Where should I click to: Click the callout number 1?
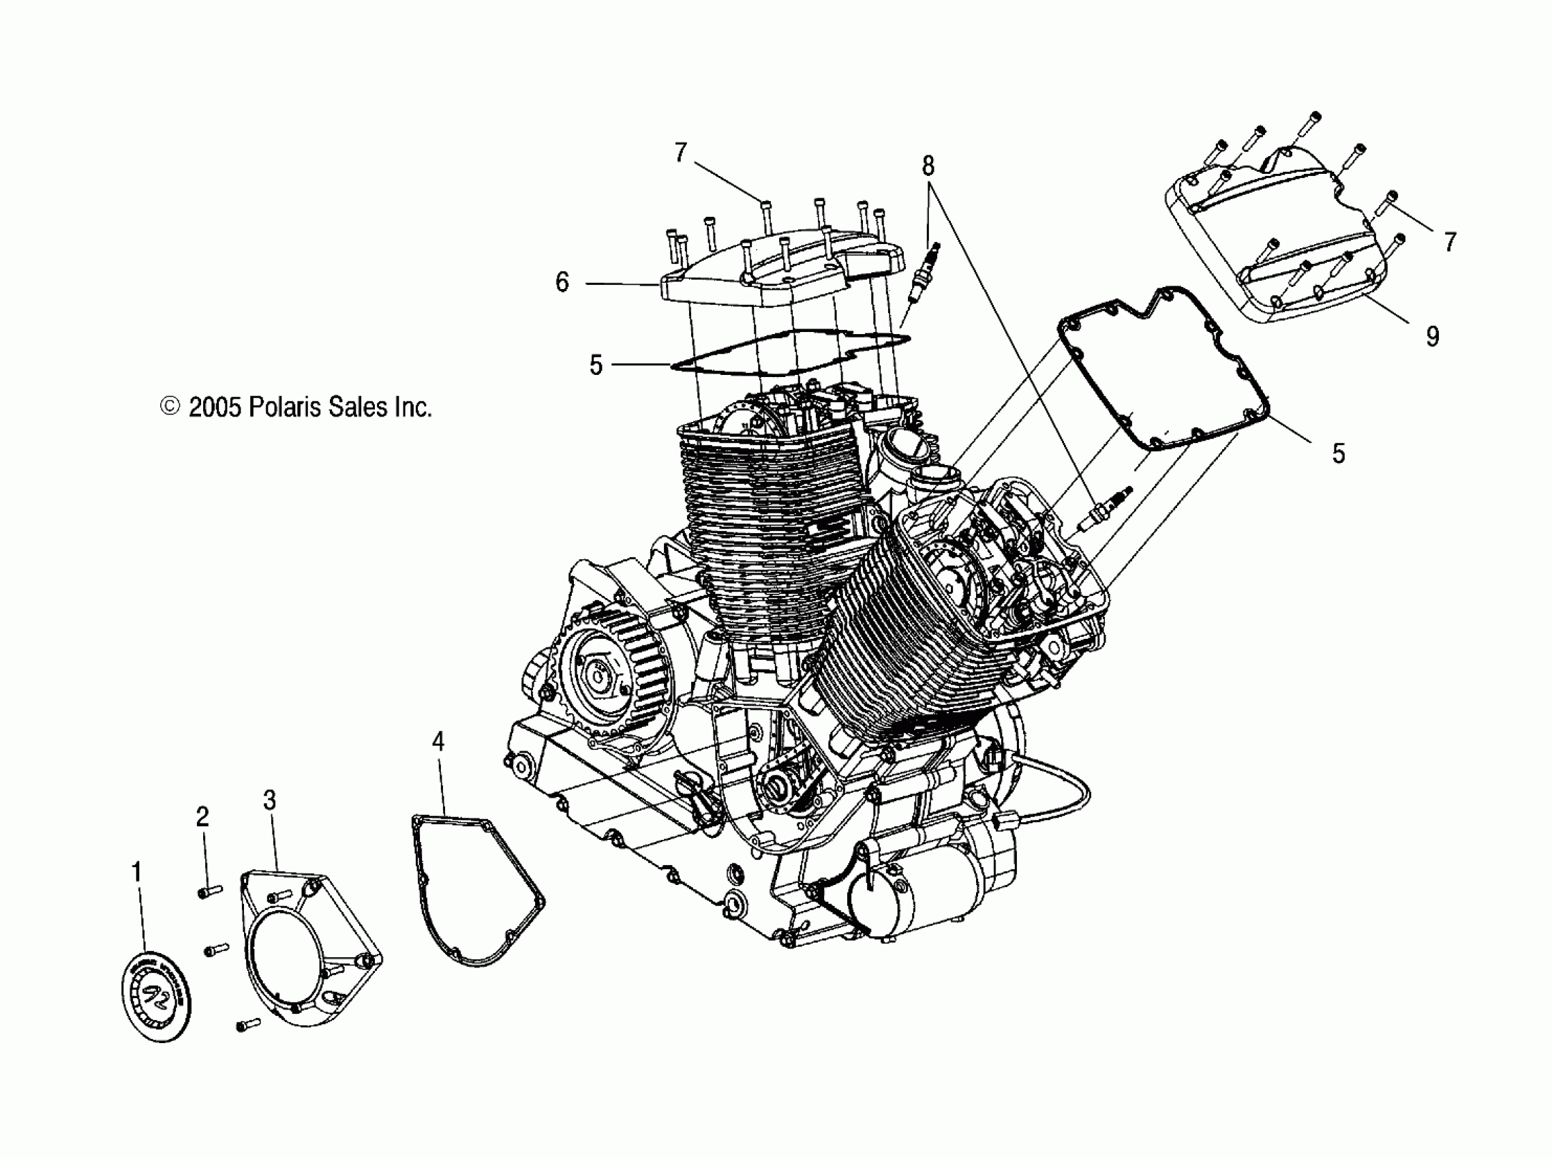(137, 872)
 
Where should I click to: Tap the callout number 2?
(202, 816)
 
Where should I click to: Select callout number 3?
(269, 800)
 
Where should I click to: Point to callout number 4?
(438, 741)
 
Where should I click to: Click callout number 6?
(562, 282)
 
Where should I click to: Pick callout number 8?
(928, 166)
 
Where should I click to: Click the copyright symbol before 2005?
(170, 406)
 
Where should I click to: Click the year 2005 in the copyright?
(215, 407)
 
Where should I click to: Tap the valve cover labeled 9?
(1283, 239)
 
